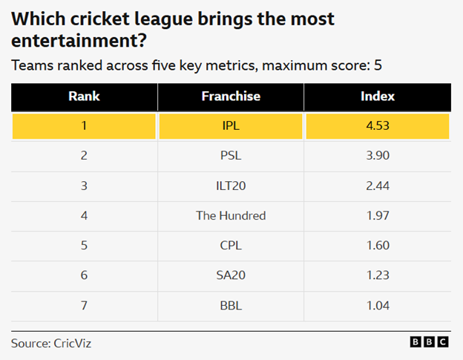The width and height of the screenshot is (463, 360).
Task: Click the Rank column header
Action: (84, 96)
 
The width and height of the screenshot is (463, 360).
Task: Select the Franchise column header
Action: (231, 96)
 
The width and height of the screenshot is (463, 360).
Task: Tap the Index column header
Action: (377, 96)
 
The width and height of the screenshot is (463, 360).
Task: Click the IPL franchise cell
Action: (231, 126)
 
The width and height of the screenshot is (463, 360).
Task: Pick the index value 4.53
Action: (377, 126)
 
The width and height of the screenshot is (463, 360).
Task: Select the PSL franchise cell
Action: (231, 156)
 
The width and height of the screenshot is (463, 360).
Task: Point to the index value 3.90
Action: (377, 156)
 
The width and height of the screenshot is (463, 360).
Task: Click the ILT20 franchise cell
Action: (231, 186)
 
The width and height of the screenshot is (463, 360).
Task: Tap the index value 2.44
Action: (377, 186)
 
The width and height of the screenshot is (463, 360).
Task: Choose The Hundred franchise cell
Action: (231, 216)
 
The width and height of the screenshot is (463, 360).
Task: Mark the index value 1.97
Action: (377, 216)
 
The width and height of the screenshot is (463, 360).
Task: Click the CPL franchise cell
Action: (231, 246)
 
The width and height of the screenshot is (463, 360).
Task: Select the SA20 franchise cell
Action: (231, 275)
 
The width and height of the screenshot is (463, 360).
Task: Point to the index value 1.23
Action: (377, 275)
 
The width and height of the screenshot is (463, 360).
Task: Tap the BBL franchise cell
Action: (231, 305)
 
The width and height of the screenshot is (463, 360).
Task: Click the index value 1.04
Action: (377, 305)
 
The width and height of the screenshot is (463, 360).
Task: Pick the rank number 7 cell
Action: (84, 305)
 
